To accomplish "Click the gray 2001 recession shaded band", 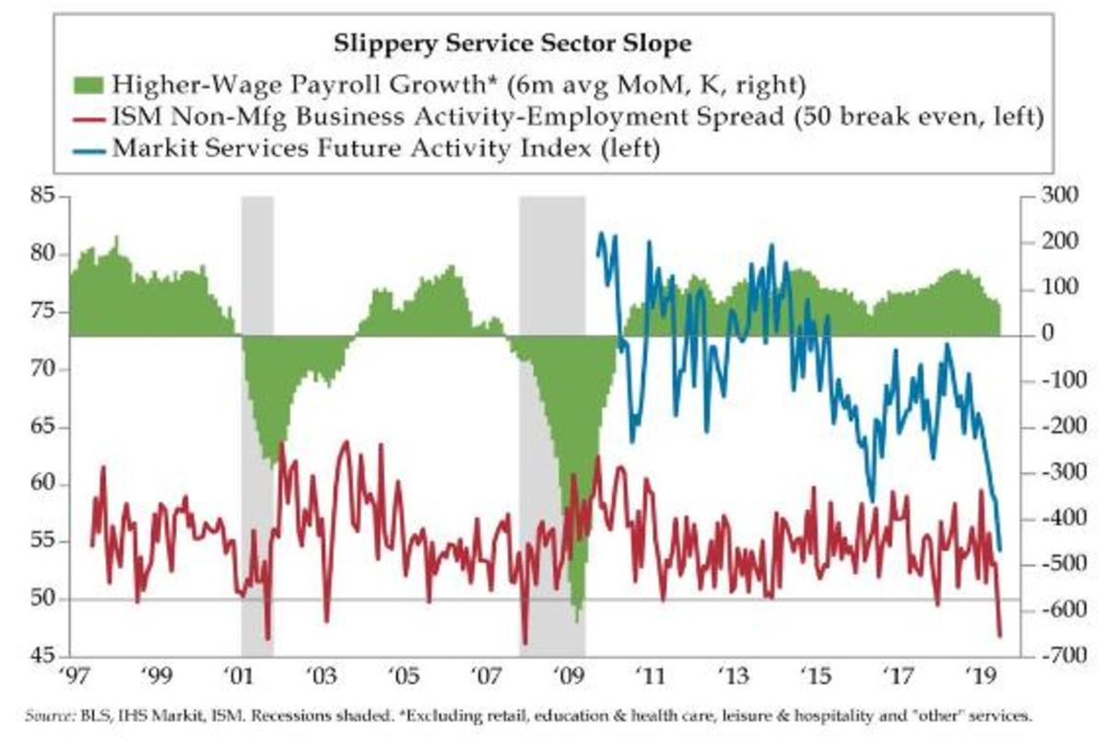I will click(257, 415).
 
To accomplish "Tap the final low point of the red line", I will click(1001, 635).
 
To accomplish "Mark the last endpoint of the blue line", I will click(1001, 551).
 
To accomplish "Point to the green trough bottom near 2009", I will click(578, 619).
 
